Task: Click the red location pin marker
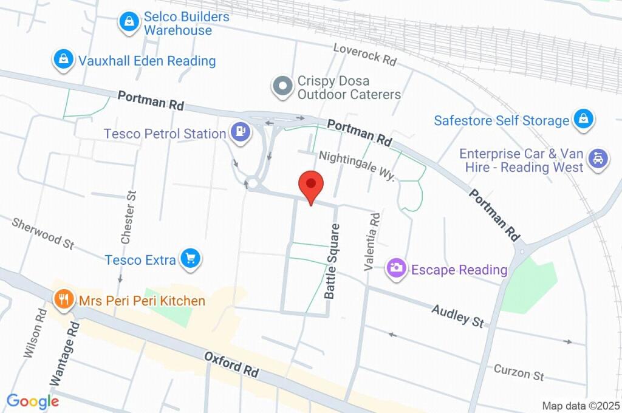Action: point(311,185)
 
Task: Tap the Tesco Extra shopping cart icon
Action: point(191,259)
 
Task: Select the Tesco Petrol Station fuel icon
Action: point(241,132)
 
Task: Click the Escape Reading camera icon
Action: point(397,268)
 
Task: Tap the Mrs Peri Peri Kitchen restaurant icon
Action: point(63,299)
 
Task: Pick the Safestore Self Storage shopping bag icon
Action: point(583,120)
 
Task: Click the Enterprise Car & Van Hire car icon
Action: point(598,160)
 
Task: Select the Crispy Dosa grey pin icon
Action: point(282,86)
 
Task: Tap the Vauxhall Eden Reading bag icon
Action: point(63,60)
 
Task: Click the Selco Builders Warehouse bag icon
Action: point(129,22)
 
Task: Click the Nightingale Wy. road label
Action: point(357,166)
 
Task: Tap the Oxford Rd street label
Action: point(231,363)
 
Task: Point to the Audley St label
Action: point(457,316)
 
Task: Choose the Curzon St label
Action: point(518,372)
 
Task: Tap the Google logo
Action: point(33,401)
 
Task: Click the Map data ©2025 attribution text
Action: point(581,406)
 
